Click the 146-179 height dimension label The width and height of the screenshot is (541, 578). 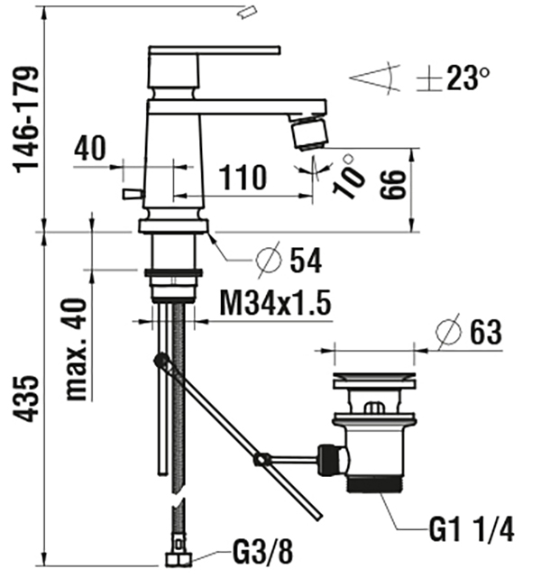(26, 120)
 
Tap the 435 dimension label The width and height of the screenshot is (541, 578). (26, 399)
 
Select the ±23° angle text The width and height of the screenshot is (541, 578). (453, 78)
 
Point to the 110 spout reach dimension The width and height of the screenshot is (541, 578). (243, 178)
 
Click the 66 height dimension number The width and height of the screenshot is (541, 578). (393, 185)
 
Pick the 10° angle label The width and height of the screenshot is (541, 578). (348, 177)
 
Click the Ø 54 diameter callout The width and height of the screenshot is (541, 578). (289, 261)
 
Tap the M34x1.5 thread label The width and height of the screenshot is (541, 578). (275, 303)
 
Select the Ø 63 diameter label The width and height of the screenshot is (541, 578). (468, 332)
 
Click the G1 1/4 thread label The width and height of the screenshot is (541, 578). (472, 529)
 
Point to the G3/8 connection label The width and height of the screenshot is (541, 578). (262, 552)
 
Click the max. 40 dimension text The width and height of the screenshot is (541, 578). (77, 349)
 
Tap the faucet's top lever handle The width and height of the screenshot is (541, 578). (214, 50)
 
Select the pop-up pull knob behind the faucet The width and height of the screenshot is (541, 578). (133, 194)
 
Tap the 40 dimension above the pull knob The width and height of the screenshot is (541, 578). (90, 148)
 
